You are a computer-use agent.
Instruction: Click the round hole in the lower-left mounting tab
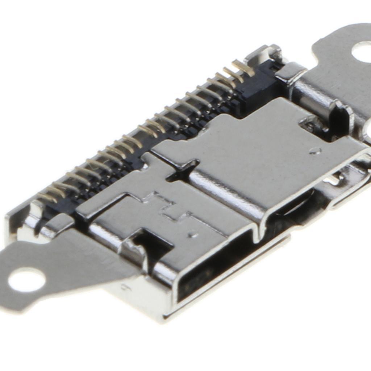pos(26,280)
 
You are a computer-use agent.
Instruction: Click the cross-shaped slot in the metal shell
pos(183,171)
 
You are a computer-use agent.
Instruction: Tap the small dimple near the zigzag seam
pos(193,235)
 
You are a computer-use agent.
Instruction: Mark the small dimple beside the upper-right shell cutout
pos(315,151)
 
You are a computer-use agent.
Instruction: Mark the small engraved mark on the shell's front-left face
pos(125,288)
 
